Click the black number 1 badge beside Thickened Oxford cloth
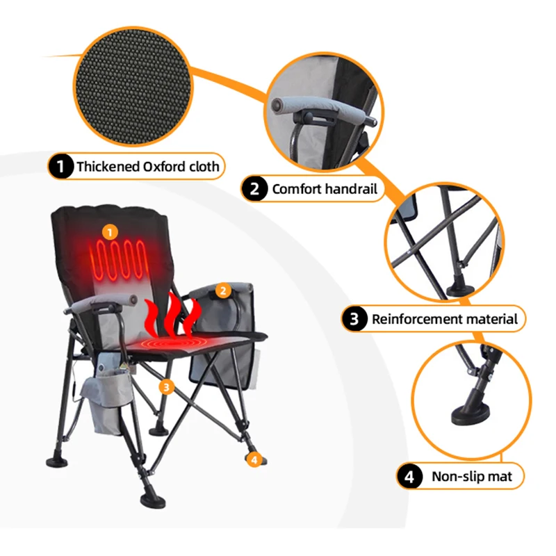tap(61, 166)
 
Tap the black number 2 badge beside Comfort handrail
tap(254, 188)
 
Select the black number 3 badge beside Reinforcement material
tap(354, 319)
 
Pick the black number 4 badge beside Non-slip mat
tap(409, 477)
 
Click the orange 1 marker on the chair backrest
tap(110, 232)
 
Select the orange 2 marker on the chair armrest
tap(223, 291)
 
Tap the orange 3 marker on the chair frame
tap(167, 387)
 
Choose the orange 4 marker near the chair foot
tap(254, 460)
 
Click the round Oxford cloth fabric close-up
tap(133, 86)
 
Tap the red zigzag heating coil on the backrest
tap(119, 260)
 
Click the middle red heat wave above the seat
tap(173, 316)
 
